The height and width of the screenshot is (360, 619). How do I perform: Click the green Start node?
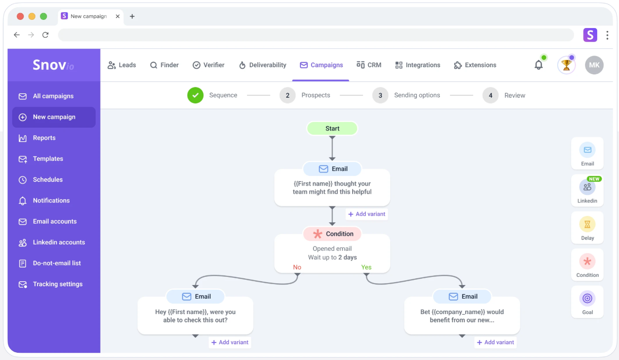tap(332, 129)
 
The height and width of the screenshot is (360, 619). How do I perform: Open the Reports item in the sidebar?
tap(44, 138)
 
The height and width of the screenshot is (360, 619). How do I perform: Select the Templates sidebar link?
tap(48, 159)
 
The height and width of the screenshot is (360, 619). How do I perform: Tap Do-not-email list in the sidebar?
tap(57, 263)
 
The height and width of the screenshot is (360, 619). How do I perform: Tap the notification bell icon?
tap(538, 65)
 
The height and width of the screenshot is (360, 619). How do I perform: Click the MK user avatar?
tap(594, 65)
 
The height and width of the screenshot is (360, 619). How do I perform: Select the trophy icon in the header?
tap(566, 65)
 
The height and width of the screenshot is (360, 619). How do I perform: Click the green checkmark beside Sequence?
tap(195, 95)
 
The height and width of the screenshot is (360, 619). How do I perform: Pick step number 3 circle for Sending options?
tap(380, 95)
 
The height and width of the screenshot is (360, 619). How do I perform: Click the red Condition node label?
tap(332, 234)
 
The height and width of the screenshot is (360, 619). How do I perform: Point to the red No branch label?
tap(297, 267)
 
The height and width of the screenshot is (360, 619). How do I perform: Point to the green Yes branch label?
tap(366, 267)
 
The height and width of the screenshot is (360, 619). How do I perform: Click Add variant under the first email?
tap(367, 214)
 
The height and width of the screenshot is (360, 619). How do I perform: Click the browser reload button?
tap(45, 35)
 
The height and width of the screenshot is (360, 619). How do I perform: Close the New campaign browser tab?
tap(118, 16)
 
